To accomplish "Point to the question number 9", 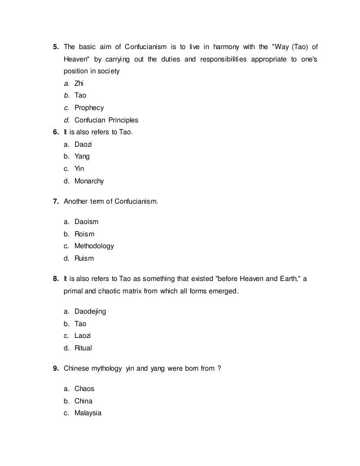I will pos(56,369).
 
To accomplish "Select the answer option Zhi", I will pos(79,83).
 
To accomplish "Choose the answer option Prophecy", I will pos(89,108).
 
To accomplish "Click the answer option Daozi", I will pos(84,144).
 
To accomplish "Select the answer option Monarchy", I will pos(89,182).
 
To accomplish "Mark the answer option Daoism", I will pos(86,222).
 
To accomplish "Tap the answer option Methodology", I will pos(94,247).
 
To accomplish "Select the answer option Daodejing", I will pos(90,311).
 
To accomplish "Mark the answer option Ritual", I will pos(83,348).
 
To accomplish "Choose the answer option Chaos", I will pos(84,389).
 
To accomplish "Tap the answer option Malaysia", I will pos(87,413).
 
